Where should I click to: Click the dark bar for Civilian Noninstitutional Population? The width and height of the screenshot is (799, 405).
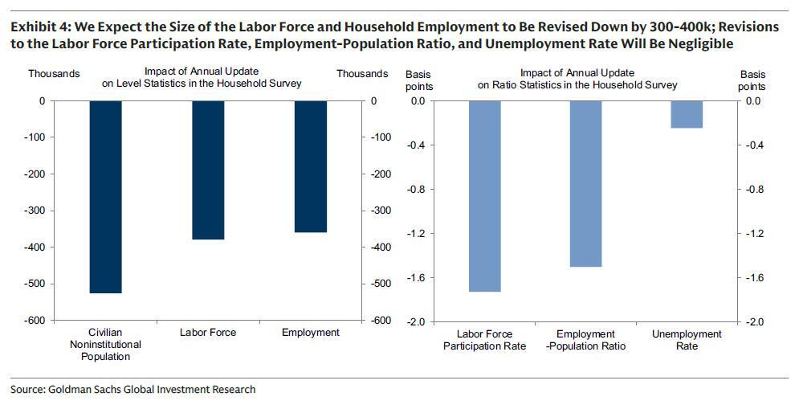click(x=105, y=197)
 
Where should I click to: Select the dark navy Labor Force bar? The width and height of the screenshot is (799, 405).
click(x=208, y=170)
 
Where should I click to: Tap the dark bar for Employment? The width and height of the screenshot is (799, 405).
click(x=312, y=166)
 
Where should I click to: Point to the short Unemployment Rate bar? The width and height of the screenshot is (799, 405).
click(x=686, y=114)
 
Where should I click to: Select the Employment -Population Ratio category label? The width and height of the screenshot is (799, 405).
click(x=585, y=340)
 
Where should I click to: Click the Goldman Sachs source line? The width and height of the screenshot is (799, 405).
click(x=133, y=390)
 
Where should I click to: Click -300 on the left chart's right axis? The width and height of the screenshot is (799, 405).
click(x=378, y=211)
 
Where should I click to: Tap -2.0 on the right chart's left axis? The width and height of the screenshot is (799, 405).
click(x=414, y=321)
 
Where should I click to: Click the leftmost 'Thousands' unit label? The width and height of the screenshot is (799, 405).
click(x=54, y=74)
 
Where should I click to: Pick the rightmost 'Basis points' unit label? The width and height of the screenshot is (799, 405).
click(x=752, y=80)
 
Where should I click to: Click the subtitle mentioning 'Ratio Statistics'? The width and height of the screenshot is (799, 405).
click(x=598, y=79)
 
